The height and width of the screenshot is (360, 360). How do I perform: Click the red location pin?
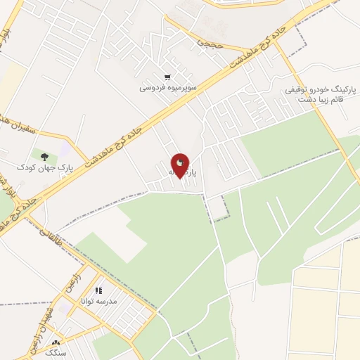pos(181,165)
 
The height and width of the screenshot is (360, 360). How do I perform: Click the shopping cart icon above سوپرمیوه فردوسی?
pos(167,77)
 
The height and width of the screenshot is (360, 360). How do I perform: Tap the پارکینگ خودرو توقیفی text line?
pos(321,91)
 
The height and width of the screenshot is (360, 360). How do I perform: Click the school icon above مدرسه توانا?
pos(99,290)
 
